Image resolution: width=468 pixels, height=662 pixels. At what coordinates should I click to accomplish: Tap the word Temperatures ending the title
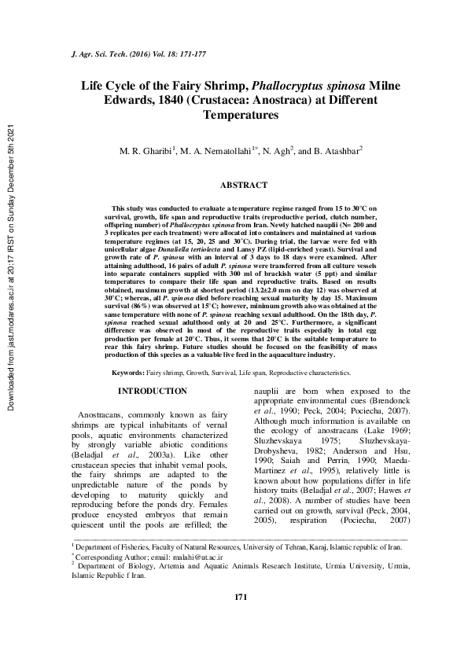pos(237,115)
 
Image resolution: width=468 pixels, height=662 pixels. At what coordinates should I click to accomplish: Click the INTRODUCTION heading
pos(152,391)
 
